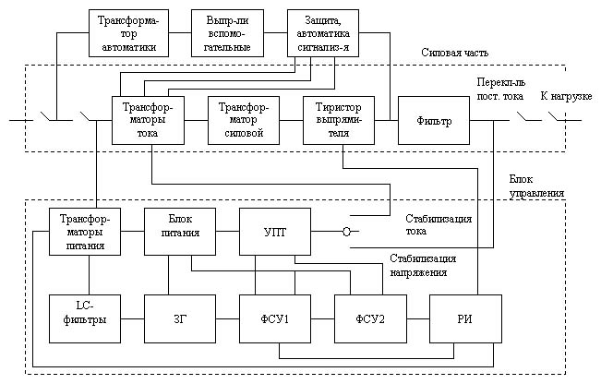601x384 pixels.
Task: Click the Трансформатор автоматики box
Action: [x=128, y=34]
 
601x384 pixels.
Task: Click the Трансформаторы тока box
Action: [x=148, y=120]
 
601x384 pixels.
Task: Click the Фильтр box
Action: [x=434, y=120]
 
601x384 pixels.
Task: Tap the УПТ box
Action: [x=275, y=231]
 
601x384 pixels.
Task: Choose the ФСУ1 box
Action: [x=275, y=318]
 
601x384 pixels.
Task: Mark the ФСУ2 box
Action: [x=370, y=318]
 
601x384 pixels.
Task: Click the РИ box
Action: [x=465, y=318]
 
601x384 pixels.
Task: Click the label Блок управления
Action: [x=536, y=187]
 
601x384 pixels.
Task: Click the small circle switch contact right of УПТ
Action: [x=346, y=232]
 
